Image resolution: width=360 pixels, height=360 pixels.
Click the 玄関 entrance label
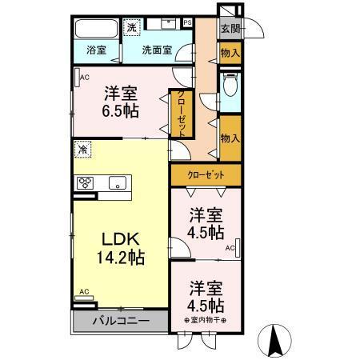click(230, 29)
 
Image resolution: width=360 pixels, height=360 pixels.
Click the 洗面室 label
click(157, 50)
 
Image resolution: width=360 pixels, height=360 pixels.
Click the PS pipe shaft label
click(187, 23)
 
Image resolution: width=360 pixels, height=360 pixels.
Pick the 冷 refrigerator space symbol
click(82, 150)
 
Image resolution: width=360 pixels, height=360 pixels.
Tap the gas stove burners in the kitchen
click(86, 183)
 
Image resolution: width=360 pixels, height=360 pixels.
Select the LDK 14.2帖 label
click(120, 247)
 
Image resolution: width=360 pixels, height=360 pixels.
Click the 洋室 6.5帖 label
click(121, 102)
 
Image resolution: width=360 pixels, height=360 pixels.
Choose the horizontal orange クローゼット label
click(206, 175)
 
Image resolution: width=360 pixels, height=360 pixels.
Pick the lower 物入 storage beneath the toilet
click(230, 138)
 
